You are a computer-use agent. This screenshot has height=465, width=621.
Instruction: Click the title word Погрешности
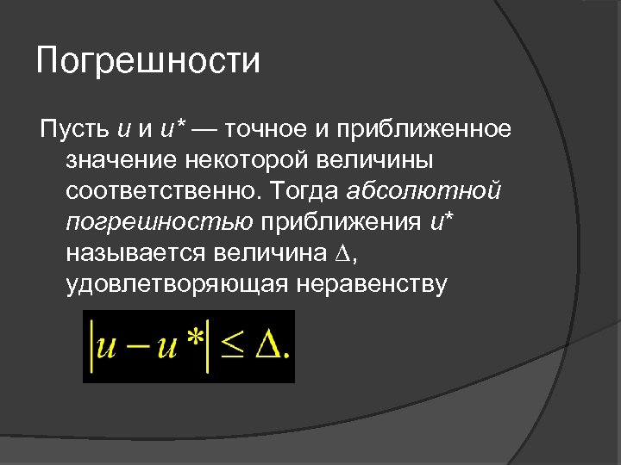click(148, 62)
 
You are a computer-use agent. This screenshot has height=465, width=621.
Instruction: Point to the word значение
click(118, 161)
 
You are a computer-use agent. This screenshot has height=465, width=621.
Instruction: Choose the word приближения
click(340, 223)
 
